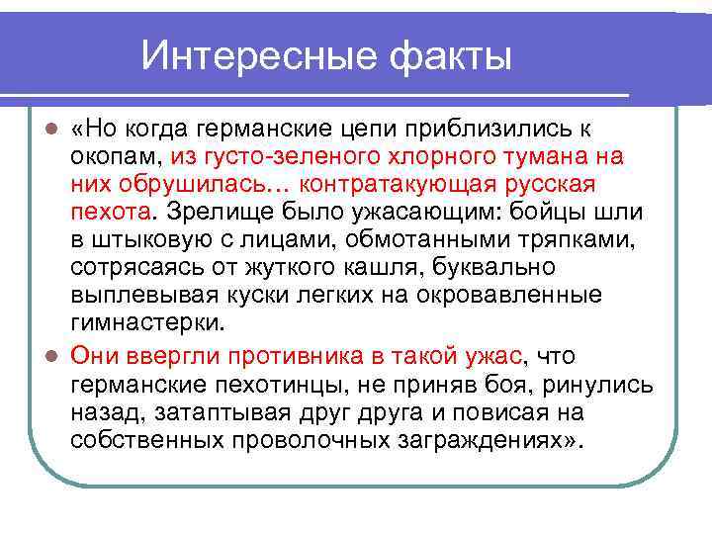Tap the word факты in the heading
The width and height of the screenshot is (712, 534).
click(x=446, y=55)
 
